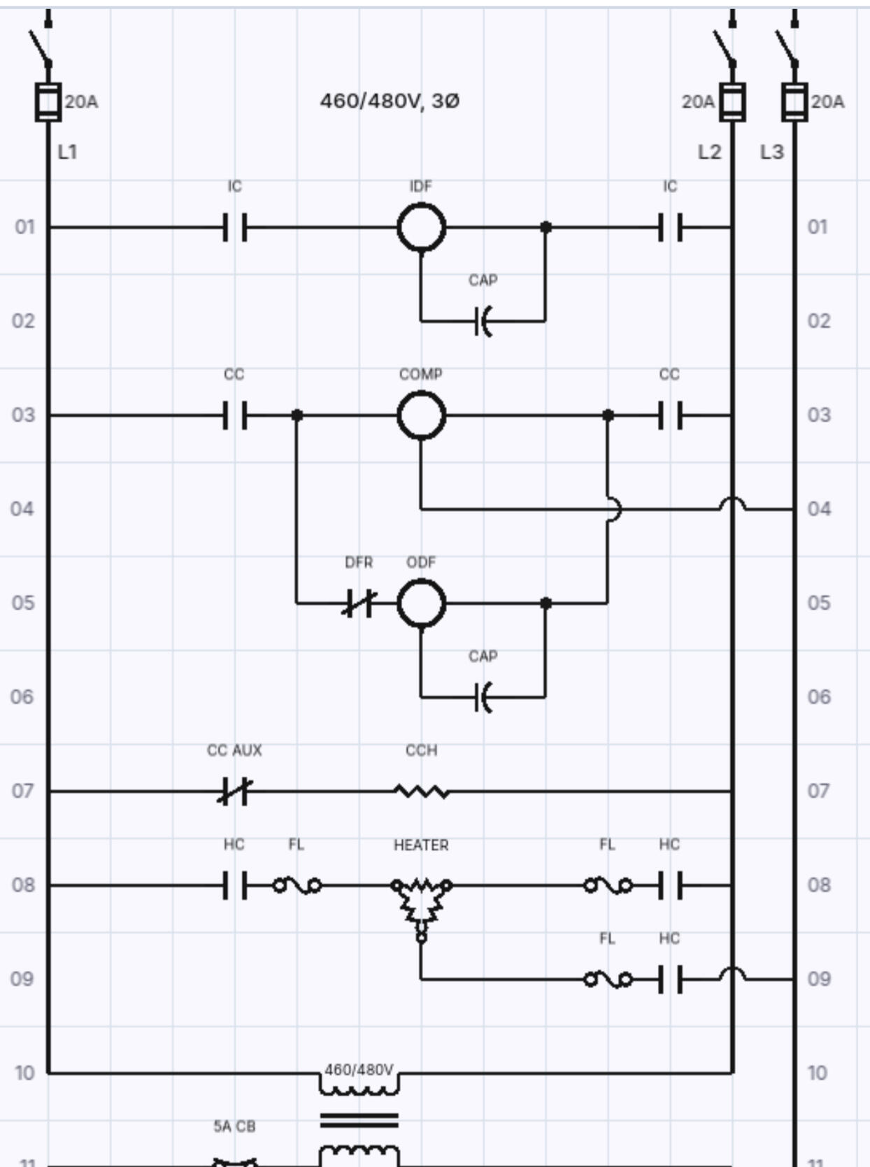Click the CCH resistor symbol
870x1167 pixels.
coord(422,792)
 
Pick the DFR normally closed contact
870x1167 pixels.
coord(359,603)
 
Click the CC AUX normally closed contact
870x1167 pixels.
coord(234,792)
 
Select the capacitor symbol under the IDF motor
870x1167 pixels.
coord(483,321)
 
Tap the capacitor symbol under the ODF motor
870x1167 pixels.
coord(483,697)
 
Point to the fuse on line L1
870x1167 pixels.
coord(48,102)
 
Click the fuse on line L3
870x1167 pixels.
coord(795,102)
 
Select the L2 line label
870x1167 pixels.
coord(709,152)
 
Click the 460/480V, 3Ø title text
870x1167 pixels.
coord(390,101)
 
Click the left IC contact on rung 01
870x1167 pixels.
coord(235,227)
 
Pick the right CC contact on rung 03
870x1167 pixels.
coord(670,415)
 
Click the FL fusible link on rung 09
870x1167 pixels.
coord(608,980)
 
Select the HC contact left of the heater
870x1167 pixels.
coord(235,886)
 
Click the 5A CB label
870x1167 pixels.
coord(234,1126)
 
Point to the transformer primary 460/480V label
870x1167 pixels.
coord(359,1069)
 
